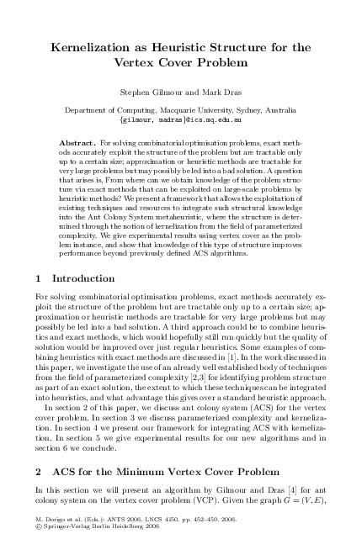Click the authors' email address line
point(181,120)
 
